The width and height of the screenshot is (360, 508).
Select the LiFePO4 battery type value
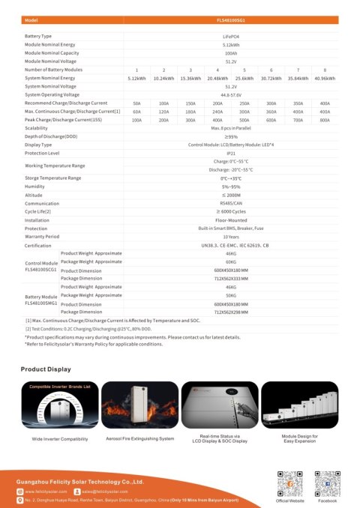click(x=230, y=36)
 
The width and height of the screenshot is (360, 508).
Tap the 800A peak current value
click(x=325, y=120)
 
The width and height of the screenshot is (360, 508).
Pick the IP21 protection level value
click(x=230, y=152)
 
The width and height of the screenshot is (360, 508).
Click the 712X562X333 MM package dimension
click(x=230, y=278)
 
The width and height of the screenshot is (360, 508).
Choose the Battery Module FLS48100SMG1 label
click(x=40, y=300)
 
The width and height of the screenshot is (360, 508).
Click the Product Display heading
click(x=46, y=369)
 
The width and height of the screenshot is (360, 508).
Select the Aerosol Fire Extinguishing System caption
click(x=139, y=438)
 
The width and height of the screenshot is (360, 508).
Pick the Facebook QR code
click(x=327, y=481)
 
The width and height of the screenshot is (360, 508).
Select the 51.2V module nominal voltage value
click(x=230, y=61)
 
